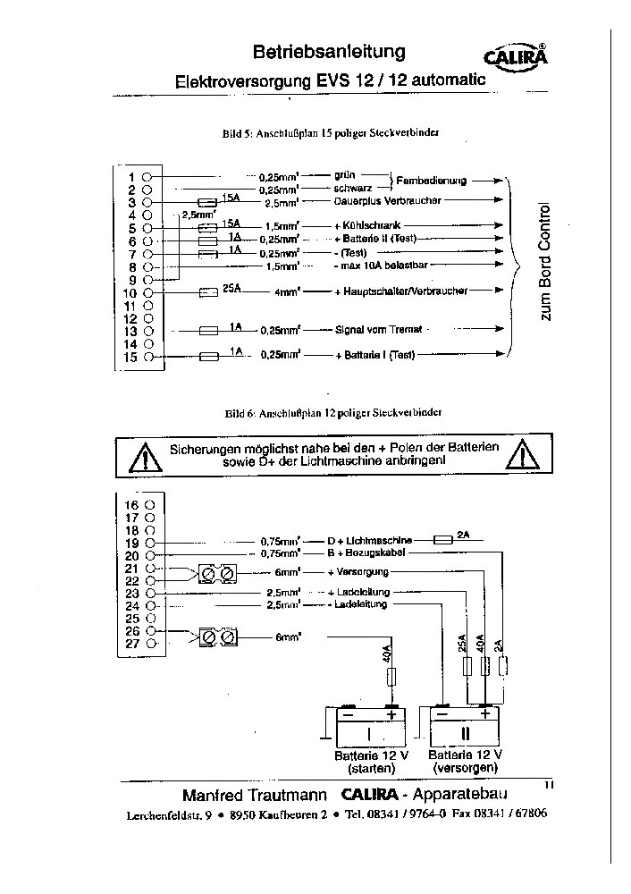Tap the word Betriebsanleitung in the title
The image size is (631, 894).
tap(329, 53)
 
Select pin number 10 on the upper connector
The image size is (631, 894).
tap(128, 292)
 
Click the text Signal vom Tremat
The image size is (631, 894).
tap(378, 329)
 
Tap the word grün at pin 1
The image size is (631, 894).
tap(345, 176)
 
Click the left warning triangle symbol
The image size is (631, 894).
tap(142, 459)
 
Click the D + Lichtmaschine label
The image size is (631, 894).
tap(369, 541)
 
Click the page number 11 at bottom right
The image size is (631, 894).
tap(549, 784)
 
